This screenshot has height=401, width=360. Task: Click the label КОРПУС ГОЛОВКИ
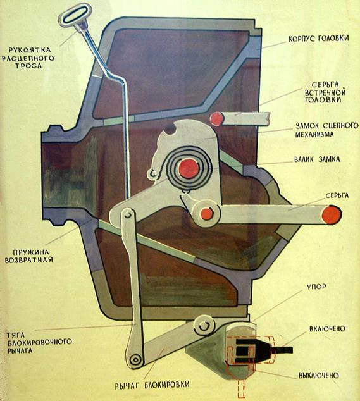click(x=318, y=39)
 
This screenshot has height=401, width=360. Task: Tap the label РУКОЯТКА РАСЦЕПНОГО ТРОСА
click(x=28, y=58)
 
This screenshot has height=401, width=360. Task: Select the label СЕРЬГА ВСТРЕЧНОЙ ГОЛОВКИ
click(x=325, y=92)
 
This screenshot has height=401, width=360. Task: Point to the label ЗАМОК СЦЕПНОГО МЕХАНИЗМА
click(x=326, y=130)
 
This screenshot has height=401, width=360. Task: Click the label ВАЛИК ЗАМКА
click(x=317, y=159)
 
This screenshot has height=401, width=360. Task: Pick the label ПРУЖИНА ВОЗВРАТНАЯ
click(x=29, y=256)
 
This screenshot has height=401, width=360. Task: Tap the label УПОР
click(x=316, y=287)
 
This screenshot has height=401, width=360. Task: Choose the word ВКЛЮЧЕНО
click(x=327, y=329)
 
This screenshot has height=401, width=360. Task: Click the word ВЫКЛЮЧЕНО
click(x=318, y=376)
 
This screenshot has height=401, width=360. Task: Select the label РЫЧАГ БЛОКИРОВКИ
click(x=152, y=385)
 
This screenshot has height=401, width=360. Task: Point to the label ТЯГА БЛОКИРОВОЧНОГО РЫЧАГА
click(x=39, y=342)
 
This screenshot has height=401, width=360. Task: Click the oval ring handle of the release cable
click(x=75, y=15)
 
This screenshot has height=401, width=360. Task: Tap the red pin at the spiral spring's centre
click(x=189, y=168)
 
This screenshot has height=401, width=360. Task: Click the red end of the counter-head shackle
click(x=217, y=119)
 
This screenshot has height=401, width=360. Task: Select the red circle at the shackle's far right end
click(x=332, y=214)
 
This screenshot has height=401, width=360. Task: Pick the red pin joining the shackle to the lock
click(x=207, y=214)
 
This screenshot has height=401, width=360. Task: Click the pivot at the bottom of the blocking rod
click(x=135, y=359)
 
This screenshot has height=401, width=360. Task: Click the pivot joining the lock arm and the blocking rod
click(x=128, y=215)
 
